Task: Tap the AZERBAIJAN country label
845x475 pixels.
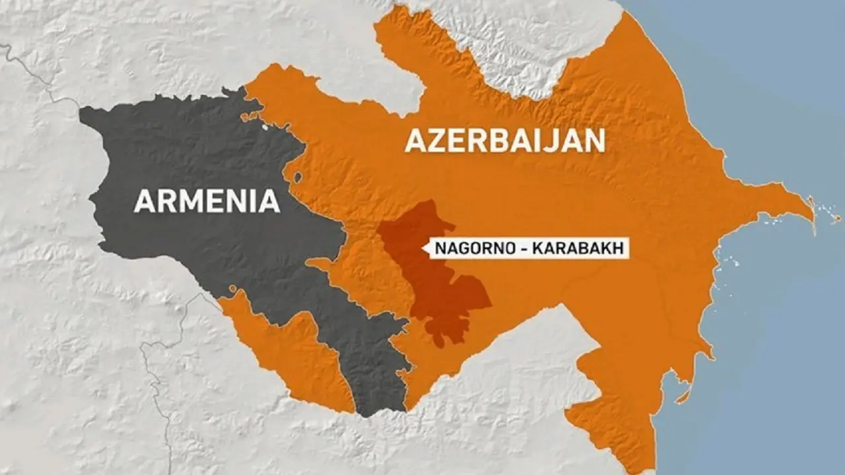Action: tap(505, 141)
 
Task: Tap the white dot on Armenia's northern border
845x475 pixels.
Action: tap(266, 126)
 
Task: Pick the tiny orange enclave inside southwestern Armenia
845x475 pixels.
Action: tap(233, 288)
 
